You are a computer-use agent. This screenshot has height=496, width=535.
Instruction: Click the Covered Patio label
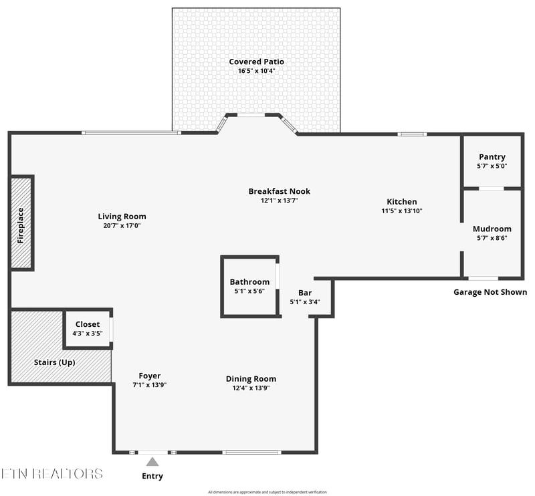(256, 61)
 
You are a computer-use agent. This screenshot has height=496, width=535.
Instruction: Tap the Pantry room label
(492, 157)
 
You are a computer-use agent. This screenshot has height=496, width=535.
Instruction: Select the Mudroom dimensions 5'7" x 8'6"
(492, 238)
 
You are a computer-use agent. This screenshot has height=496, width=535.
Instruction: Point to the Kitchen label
(402, 202)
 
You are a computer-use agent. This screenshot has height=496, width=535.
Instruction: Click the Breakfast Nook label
(280, 191)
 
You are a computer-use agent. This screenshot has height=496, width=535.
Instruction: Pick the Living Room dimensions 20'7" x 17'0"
(122, 225)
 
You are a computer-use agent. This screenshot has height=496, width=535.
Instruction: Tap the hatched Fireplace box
(21, 223)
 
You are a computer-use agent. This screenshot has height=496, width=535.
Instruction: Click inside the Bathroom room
(249, 287)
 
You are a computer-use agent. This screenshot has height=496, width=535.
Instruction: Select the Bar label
(305, 293)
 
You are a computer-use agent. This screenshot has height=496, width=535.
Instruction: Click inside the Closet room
(88, 329)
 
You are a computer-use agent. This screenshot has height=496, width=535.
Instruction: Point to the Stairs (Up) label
(55, 362)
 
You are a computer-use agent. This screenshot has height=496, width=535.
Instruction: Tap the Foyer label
(149, 376)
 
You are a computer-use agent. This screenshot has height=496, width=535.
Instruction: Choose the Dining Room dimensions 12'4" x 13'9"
(251, 388)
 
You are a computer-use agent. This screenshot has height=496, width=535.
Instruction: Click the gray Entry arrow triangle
(152, 462)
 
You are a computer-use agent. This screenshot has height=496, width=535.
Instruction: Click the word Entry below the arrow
(152, 476)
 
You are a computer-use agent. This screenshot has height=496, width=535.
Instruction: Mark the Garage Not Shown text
(490, 292)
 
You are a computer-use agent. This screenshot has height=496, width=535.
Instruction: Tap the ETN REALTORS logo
(52, 474)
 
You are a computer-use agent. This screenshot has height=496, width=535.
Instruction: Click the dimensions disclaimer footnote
(267, 492)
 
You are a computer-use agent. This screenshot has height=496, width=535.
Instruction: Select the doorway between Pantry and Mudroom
(492, 189)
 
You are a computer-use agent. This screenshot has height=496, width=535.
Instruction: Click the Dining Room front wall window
(252, 453)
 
